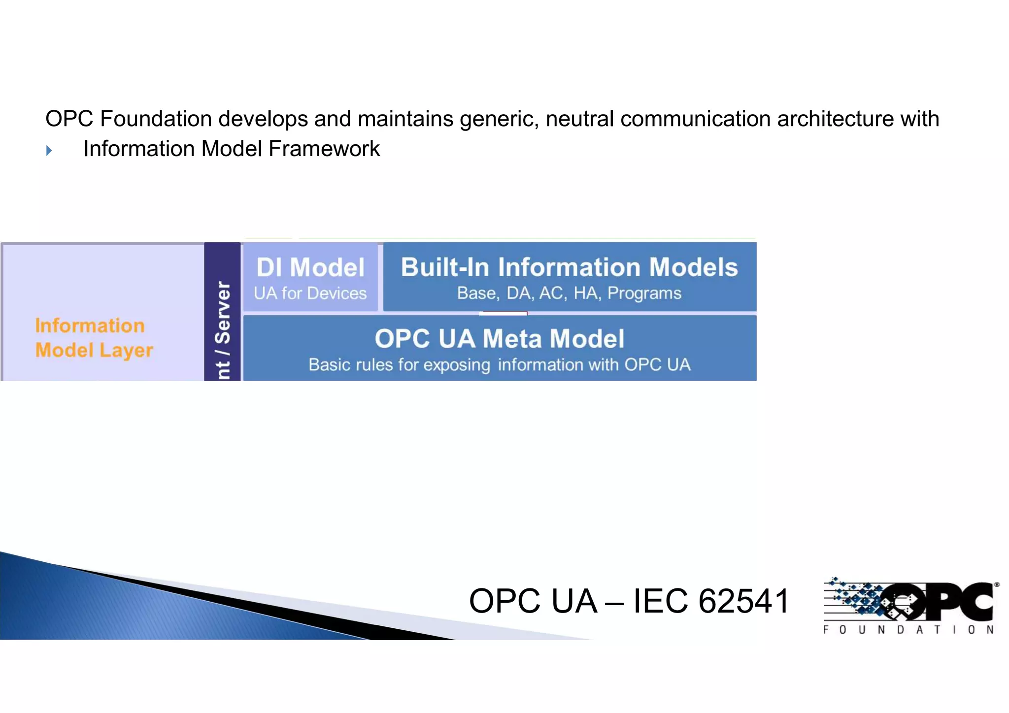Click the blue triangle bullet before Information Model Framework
[49, 150]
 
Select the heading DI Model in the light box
[310, 267]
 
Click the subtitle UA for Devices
[310, 293]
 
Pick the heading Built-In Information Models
[569, 267]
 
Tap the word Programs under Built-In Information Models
[644, 293]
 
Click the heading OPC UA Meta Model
[499, 339]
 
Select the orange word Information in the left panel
[90, 325]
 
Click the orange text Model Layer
[94, 350]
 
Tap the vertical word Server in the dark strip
[223, 312]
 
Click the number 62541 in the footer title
[744, 601]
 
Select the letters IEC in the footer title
[660, 601]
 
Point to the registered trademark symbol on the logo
[996, 585]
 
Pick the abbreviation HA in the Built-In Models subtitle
[586, 293]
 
